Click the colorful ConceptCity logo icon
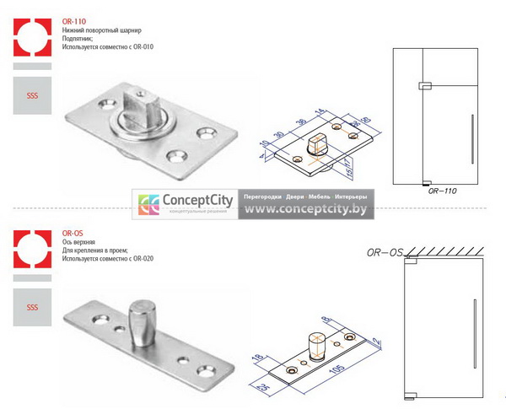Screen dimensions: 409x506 tap(149, 205)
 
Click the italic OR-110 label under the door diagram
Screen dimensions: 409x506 tap(442, 191)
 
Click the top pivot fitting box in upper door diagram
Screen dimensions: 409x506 tap(425, 84)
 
